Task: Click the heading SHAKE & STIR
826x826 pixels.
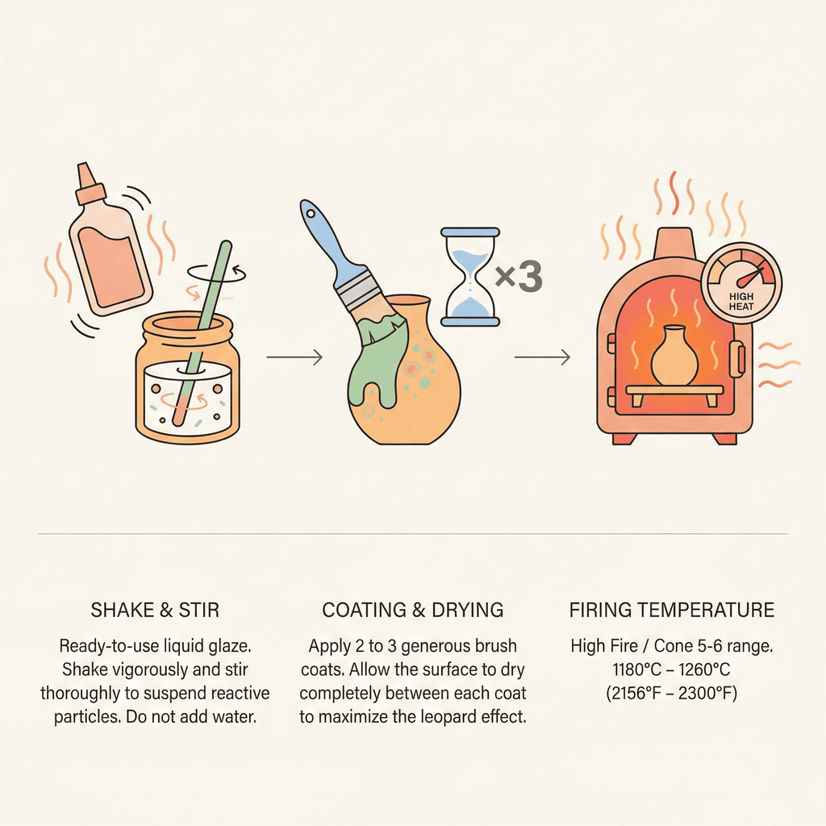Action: [155, 610]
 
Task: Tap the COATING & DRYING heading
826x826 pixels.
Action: [412, 610]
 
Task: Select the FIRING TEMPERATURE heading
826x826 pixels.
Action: [672, 610]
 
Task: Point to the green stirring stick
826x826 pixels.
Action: [202, 331]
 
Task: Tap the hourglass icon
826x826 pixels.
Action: [470, 277]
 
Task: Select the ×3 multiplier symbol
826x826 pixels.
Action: [519, 277]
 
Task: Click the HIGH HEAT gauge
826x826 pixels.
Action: [741, 283]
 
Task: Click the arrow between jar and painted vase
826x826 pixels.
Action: [294, 357]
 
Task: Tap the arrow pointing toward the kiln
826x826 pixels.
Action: [542, 357]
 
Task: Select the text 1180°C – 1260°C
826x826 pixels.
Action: [671, 669]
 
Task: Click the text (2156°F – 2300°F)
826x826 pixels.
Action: [671, 693]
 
